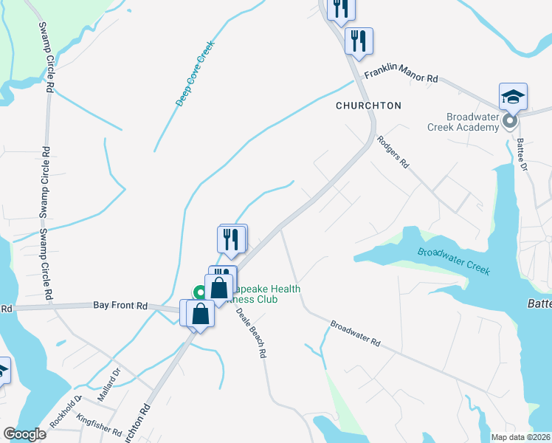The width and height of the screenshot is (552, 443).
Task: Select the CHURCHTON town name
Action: point(368,106)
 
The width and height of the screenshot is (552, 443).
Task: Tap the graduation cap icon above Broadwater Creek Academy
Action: point(513,97)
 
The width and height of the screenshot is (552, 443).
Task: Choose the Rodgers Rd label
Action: point(392,151)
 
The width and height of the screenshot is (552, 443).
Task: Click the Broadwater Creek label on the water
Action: point(454,261)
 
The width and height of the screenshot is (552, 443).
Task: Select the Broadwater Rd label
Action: point(355,333)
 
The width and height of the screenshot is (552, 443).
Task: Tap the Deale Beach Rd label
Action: point(251,332)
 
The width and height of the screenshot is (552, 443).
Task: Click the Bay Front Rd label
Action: point(121,305)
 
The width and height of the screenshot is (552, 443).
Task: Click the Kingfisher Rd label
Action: point(98,425)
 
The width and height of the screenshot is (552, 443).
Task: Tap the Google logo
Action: point(25,434)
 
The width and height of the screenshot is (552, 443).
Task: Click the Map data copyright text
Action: point(520,436)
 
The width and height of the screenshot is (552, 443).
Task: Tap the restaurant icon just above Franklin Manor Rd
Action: point(359,41)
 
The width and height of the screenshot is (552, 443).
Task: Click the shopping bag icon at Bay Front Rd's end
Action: point(200,313)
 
